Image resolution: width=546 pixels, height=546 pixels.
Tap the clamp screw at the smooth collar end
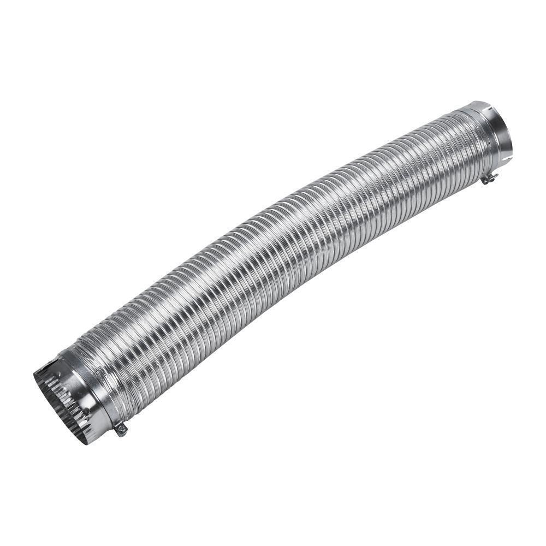489,178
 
